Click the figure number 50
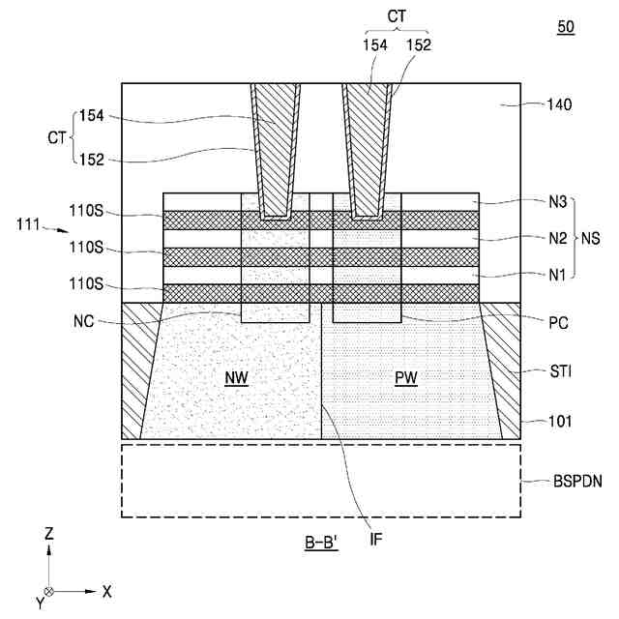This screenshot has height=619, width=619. (566, 27)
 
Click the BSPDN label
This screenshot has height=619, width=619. (578, 481)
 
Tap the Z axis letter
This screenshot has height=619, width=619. (49, 533)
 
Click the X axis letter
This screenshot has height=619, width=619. (107, 591)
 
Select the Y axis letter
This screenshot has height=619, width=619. (40, 604)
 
